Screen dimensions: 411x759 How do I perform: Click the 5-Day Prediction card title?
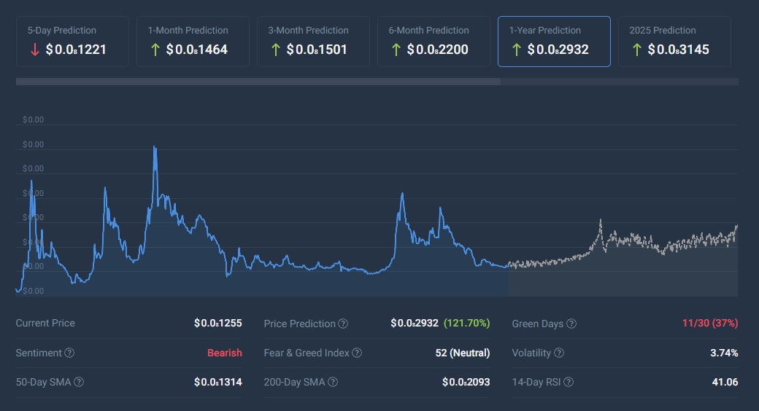(62, 31)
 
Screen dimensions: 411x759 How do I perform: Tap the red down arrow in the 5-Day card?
(35, 50)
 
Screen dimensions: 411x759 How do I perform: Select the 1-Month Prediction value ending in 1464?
(197, 50)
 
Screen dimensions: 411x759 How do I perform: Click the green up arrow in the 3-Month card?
(275, 50)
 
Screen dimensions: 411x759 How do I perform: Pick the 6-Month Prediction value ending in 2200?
(437, 50)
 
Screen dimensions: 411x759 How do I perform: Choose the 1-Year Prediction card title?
(545, 31)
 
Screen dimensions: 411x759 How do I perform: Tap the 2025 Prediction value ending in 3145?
(678, 50)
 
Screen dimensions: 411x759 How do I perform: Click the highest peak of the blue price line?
(155, 147)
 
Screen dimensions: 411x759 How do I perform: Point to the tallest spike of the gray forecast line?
(601, 220)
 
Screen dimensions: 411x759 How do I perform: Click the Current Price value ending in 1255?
(217, 323)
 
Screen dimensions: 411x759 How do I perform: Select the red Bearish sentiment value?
(224, 353)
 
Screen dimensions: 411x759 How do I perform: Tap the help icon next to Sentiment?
(69, 353)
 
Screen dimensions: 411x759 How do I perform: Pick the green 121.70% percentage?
(466, 323)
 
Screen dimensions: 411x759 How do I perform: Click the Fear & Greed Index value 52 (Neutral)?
(462, 353)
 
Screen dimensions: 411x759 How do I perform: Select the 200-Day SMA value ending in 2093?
(466, 382)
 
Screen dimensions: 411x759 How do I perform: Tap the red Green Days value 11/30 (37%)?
(710, 323)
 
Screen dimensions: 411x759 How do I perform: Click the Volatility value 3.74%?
(724, 353)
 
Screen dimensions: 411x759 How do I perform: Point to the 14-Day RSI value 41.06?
(725, 382)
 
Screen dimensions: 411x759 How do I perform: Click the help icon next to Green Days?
(571, 324)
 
